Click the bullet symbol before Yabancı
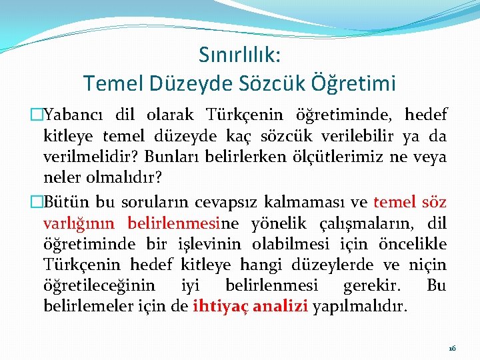coord(37,115)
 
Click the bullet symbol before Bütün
coord(37,202)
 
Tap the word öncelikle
coord(413,245)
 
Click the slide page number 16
coord(452,348)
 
